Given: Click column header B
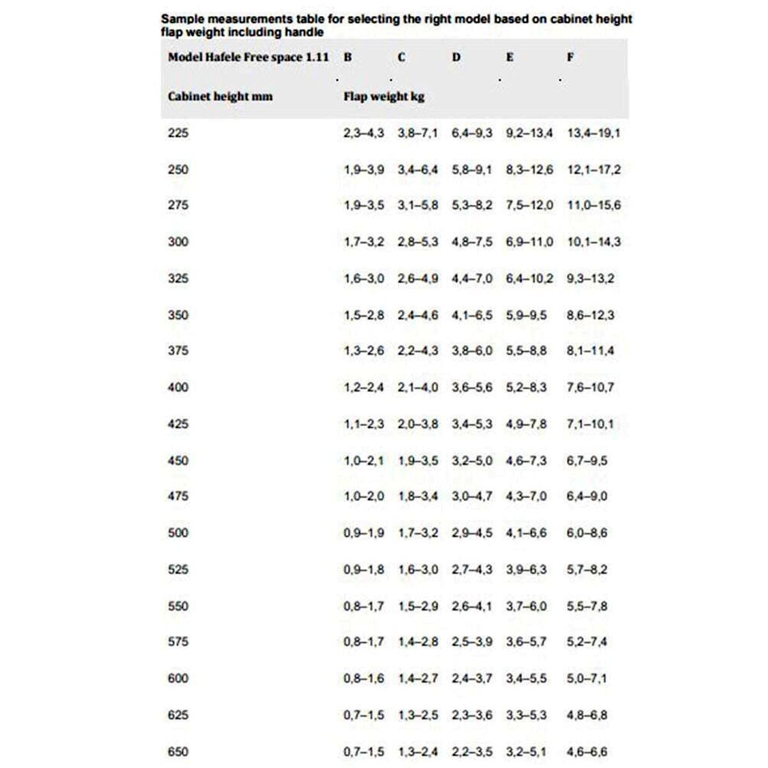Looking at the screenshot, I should tap(348, 57).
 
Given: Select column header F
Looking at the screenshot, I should tap(570, 57).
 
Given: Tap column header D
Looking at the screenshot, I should tap(456, 57).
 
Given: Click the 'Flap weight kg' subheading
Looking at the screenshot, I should tap(383, 97).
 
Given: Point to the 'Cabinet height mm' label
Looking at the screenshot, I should tap(220, 97).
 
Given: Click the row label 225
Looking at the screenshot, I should tap(178, 133).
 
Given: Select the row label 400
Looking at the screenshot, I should tap(178, 387).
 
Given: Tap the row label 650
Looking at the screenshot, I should tap(178, 752).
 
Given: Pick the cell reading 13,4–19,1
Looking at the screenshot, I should tap(593, 133).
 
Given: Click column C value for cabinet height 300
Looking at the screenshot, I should tap(418, 242).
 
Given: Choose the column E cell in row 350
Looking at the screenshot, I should tap(526, 315).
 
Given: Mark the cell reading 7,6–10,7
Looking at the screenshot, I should tap(590, 387).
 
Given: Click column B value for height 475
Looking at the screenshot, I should tap(364, 496).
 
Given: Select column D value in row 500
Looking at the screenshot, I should tap(472, 532).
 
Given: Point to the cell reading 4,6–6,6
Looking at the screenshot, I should tap(587, 752).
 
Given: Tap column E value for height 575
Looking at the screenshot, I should tap(526, 641).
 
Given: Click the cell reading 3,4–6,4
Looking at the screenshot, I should tap(418, 170).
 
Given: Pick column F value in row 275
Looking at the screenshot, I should tap(593, 205).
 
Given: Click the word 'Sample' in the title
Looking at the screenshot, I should tap(182, 19).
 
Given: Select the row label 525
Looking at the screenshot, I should tap(178, 569).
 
